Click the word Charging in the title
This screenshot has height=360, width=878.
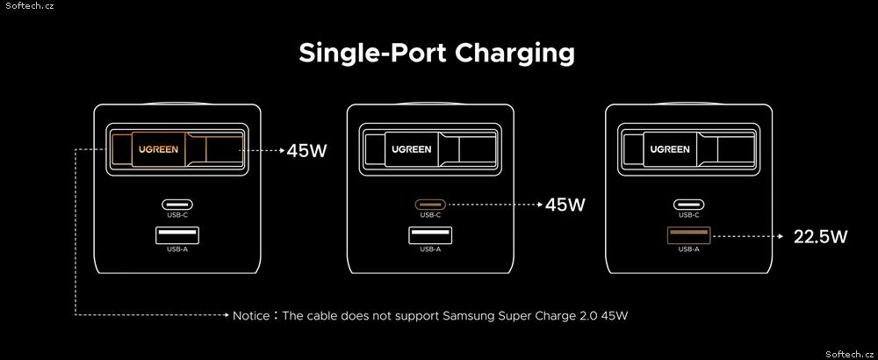tap(515, 54)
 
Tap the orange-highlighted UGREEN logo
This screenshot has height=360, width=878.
tap(159, 149)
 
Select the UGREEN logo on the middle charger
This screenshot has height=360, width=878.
tap(412, 149)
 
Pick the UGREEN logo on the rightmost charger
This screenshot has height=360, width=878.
tap(670, 149)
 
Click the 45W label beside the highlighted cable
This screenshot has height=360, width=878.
tap(306, 151)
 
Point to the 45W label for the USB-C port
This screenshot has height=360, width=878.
tap(565, 205)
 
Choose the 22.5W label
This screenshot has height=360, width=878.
tap(820, 237)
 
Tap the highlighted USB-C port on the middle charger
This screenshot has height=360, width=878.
tap(430, 205)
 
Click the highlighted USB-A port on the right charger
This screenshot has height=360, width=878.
tap(688, 235)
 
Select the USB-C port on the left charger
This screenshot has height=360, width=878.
tap(177, 205)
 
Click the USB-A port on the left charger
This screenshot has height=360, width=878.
tap(177, 235)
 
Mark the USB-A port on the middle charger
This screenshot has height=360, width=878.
tap(430, 235)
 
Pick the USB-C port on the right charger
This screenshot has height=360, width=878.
tap(688, 205)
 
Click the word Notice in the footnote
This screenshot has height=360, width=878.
tap(251, 316)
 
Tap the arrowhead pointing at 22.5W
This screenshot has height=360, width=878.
tap(781, 237)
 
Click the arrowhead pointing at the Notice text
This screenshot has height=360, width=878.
tap(227, 315)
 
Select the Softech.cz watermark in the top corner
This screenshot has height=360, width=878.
tap(27, 5)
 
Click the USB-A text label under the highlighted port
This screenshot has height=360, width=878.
tap(688, 249)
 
